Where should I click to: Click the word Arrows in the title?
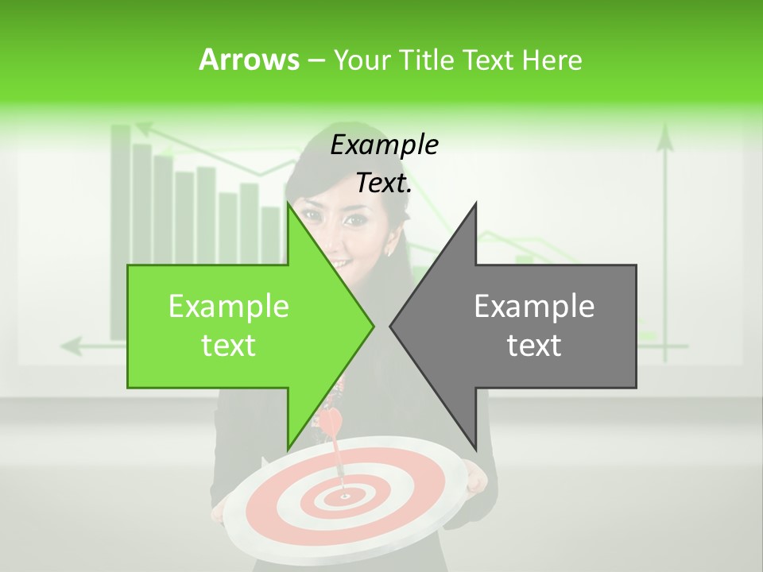(250, 60)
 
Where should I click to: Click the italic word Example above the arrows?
(384, 145)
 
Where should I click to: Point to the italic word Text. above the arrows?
(384, 183)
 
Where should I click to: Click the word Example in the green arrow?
(229, 306)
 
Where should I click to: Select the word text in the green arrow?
(229, 346)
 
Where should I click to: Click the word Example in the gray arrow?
(534, 306)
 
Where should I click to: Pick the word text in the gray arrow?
(534, 346)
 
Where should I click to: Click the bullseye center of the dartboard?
(345, 497)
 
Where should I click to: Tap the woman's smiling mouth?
(340, 262)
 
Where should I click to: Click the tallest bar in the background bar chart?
(121, 230)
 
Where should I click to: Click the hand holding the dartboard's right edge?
(475, 477)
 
